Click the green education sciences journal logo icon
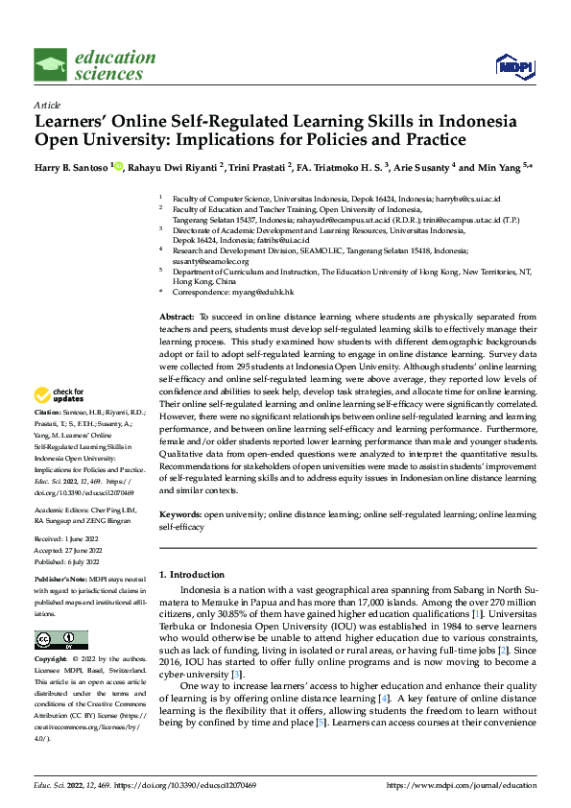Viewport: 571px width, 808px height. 51,65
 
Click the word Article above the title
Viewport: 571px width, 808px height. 46,105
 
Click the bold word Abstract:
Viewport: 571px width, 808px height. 177,316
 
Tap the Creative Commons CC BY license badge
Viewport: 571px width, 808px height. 60,639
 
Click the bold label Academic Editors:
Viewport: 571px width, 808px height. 65,510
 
